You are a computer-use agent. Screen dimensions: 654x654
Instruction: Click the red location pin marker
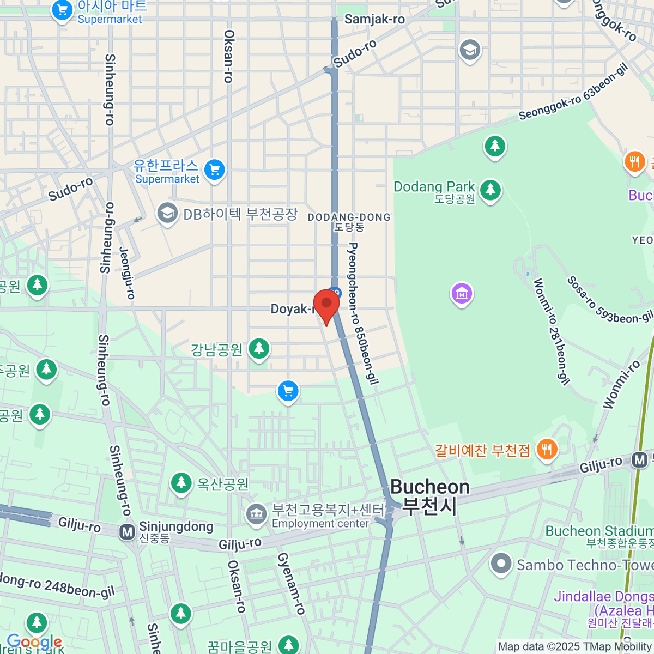tap(326, 304)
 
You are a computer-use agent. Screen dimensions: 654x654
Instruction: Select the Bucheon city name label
tap(430, 496)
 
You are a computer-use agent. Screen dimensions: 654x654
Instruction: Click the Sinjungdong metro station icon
tap(128, 531)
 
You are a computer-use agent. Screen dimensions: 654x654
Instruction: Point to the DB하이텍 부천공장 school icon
tap(167, 214)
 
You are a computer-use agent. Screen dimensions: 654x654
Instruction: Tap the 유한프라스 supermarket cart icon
tap(215, 170)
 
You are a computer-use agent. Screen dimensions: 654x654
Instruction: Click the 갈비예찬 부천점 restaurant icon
tap(546, 450)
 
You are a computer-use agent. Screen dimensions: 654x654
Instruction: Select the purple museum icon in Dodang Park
tap(462, 294)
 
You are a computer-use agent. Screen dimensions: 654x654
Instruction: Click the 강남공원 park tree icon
tap(259, 348)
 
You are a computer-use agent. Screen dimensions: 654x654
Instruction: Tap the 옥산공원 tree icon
tap(180, 483)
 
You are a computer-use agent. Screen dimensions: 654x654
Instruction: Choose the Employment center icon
tap(256, 514)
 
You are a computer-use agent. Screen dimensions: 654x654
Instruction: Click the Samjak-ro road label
tap(374, 20)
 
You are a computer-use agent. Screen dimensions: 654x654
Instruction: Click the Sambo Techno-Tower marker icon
tap(501, 565)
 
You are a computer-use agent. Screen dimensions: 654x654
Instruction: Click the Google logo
tap(34, 642)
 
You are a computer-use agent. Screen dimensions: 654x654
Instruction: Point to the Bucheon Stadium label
tap(599, 531)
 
